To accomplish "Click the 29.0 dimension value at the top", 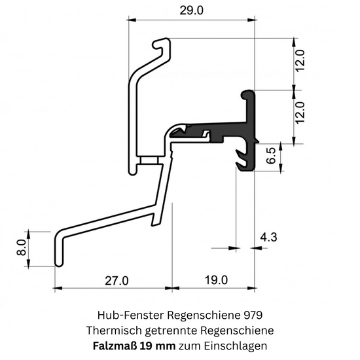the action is [191, 10].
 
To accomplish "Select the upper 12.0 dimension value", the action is [300, 61].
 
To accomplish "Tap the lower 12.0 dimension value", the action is [300, 113].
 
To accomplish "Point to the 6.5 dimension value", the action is [272, 156].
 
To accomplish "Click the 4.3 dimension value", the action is [268, 237].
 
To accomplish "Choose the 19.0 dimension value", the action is [216, 280].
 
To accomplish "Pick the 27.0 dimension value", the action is [117, 281].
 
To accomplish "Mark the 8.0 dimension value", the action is [22, 247].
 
